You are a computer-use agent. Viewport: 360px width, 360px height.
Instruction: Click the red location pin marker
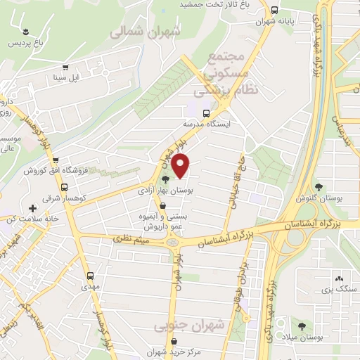click(x=181, y=166)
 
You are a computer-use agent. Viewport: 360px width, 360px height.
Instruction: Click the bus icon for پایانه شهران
click(x=273, y=11)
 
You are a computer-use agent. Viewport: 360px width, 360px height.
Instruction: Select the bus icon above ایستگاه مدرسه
click(x=206, y=112)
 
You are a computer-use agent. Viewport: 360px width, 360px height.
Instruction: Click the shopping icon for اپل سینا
click(x=65, y=68)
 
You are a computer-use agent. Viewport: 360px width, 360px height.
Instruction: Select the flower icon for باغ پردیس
click(x=26, y=32)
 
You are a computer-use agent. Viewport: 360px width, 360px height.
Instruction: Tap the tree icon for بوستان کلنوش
click(x=319, y=187)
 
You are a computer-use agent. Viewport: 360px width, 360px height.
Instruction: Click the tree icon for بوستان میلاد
click(x=302, y=326)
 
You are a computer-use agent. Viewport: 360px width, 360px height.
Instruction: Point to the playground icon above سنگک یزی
click(x=340, y=278)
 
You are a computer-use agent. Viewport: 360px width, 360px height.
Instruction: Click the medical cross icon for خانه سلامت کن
click(x=32, y=209)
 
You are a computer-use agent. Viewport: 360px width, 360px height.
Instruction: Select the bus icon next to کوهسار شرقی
click(x=64, y=188)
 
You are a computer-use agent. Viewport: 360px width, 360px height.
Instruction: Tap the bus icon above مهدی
click(x=89, y=276)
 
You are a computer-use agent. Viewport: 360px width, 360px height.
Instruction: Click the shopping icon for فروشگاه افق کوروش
click(x=56, y=160)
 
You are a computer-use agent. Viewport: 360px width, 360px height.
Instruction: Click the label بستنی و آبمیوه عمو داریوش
click(x=163, y=221)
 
